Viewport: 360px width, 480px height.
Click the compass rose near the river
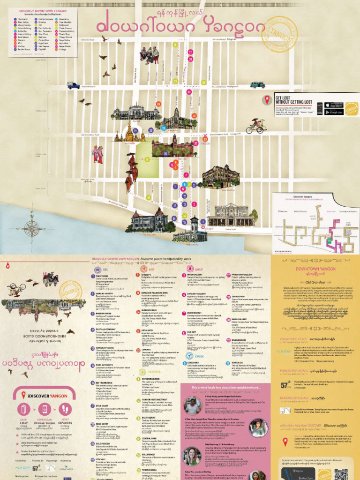pyautogui.click(x=32, y=229)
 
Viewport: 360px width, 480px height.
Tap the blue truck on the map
pyautogui.click(x=73, y=86)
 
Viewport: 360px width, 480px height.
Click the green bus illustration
pyautogui.click(x=257, y=85)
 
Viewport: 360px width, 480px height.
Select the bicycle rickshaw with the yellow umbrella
pyautogui.click(x=256, y=126)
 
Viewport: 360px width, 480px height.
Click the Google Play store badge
pyautogui.click(x=334, y=112)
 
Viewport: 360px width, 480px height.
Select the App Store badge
pyautogui.click(x=334, y=105)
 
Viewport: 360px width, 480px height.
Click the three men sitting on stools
pyautogui.click(x=150, y=55)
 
